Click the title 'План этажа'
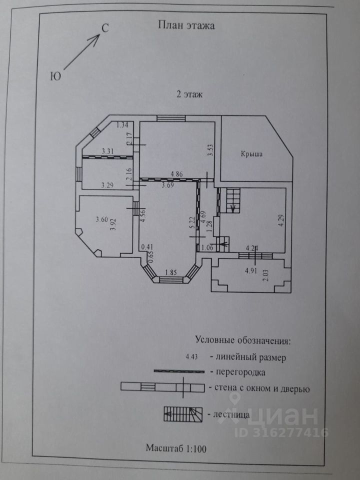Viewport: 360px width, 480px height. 186,25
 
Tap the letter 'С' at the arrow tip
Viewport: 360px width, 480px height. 105,28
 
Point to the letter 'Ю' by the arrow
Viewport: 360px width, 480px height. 56,76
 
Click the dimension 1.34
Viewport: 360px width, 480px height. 122,125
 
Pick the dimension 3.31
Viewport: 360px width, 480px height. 108,150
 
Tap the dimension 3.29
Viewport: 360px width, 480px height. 107,185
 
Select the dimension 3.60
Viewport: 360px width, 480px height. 102,218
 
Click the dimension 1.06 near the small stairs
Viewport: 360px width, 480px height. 207,247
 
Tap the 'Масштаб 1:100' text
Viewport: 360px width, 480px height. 176,448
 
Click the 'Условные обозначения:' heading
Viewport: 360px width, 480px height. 242,341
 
